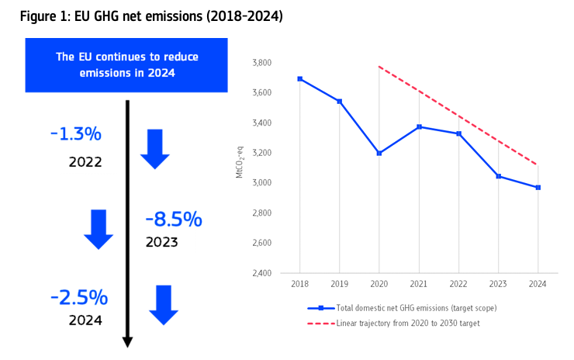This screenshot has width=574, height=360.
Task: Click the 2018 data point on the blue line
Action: [x=299, y=78]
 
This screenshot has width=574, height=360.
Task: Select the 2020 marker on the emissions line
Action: [x=379, y=153]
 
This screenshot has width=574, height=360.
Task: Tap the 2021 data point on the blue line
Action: [x=419, y=126]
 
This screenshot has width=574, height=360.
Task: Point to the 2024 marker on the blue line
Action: [x=538, y=187]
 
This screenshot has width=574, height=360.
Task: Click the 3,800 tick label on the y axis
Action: [x=262, y=63]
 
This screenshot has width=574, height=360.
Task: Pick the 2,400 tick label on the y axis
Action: [x=262, y=273]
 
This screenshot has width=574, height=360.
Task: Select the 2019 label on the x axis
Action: [x=339, y=286]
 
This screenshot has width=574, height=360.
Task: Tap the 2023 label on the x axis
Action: [x=498, y=286]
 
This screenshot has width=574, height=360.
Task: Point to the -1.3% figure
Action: [x=75, y=134]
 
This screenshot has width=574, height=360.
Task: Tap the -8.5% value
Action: [x=174, y=220]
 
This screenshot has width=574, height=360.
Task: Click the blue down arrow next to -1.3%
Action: [x=154, y=149]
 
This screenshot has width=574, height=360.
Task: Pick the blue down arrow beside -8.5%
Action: [x=99, y=228]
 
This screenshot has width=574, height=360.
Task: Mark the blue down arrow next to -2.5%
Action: [x=164, y=305]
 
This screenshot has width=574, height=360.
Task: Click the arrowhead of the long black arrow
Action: [x=128, y=341]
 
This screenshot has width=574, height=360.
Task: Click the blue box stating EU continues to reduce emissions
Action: [x=126, y=64]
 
